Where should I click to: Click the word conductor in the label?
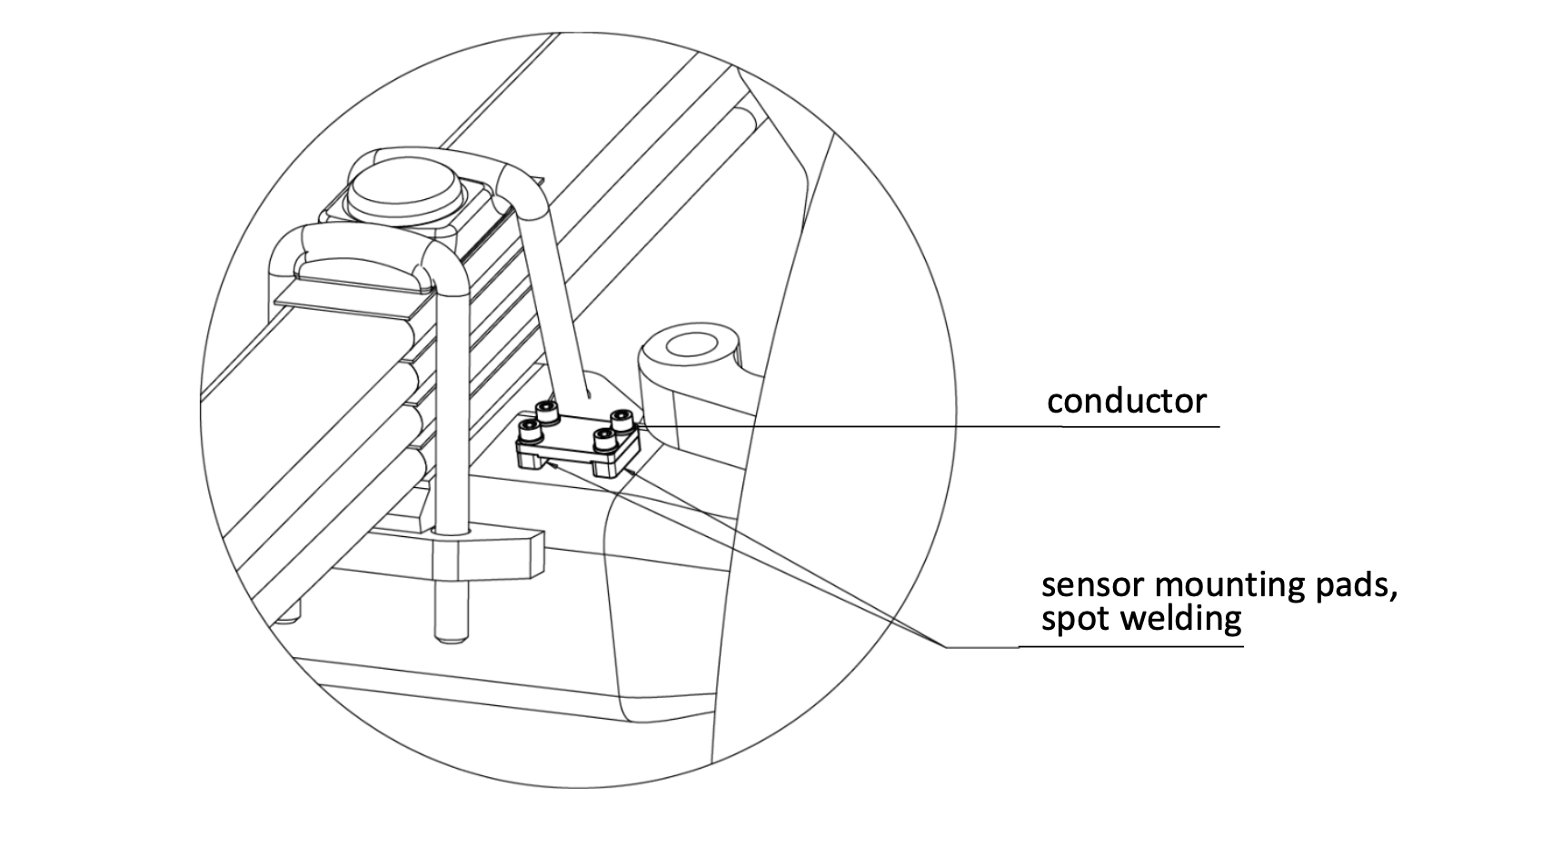pyautogui.click(x=1126, y=401)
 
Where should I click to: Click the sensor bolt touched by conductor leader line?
pyautogui.click(x=622, y=420)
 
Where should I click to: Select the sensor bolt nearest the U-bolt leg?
pyautogui.click(x=528, y=428)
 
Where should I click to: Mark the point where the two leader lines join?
pyautogui.click(x=945, y=646)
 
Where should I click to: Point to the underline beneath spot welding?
pyautogui.click(x=1130, y=646)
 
